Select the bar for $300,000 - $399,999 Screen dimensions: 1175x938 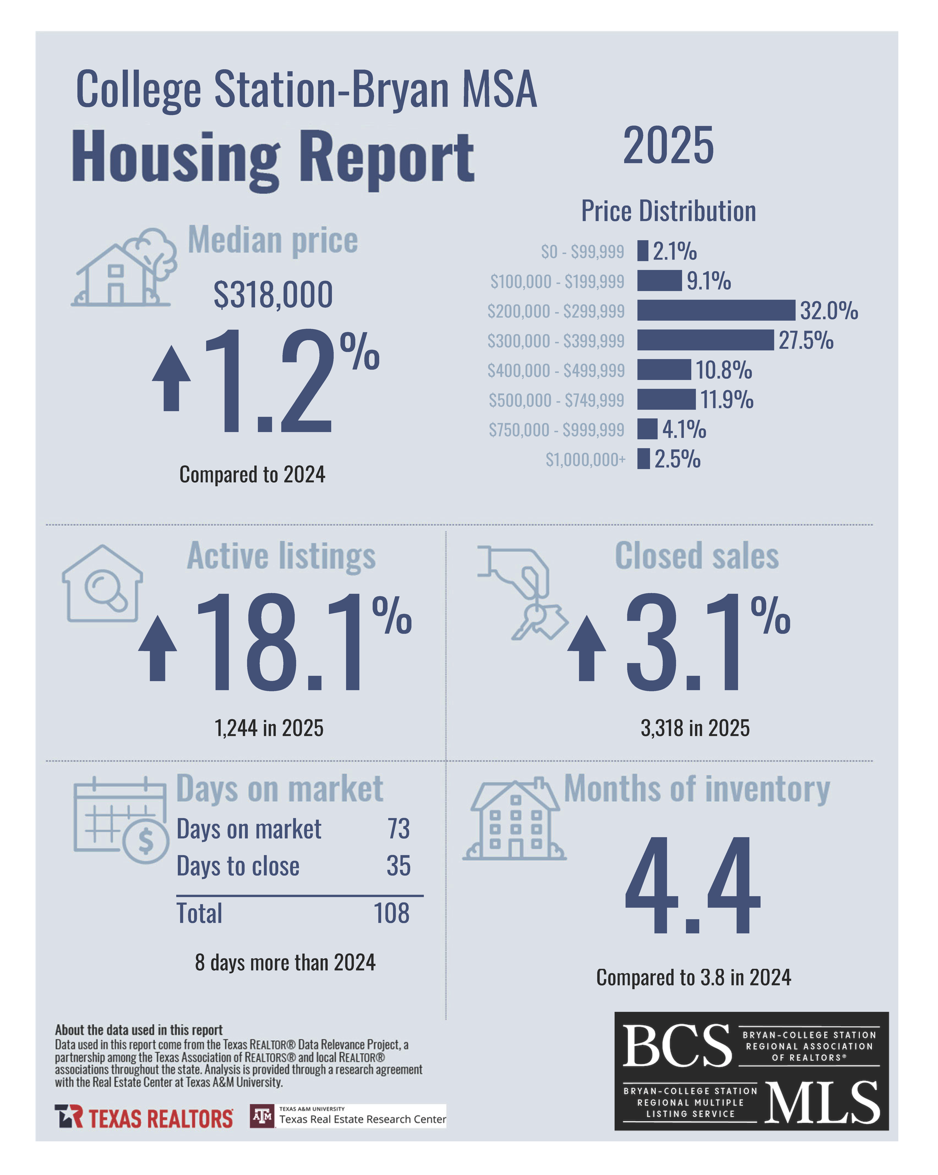point(705,340)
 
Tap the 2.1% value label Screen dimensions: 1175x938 point(675,251)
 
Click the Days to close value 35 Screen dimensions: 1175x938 point(398,866)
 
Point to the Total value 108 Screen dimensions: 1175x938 point(391,913)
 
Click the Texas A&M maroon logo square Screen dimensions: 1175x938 point(262,1116)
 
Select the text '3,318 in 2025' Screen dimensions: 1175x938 point(695,728)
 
